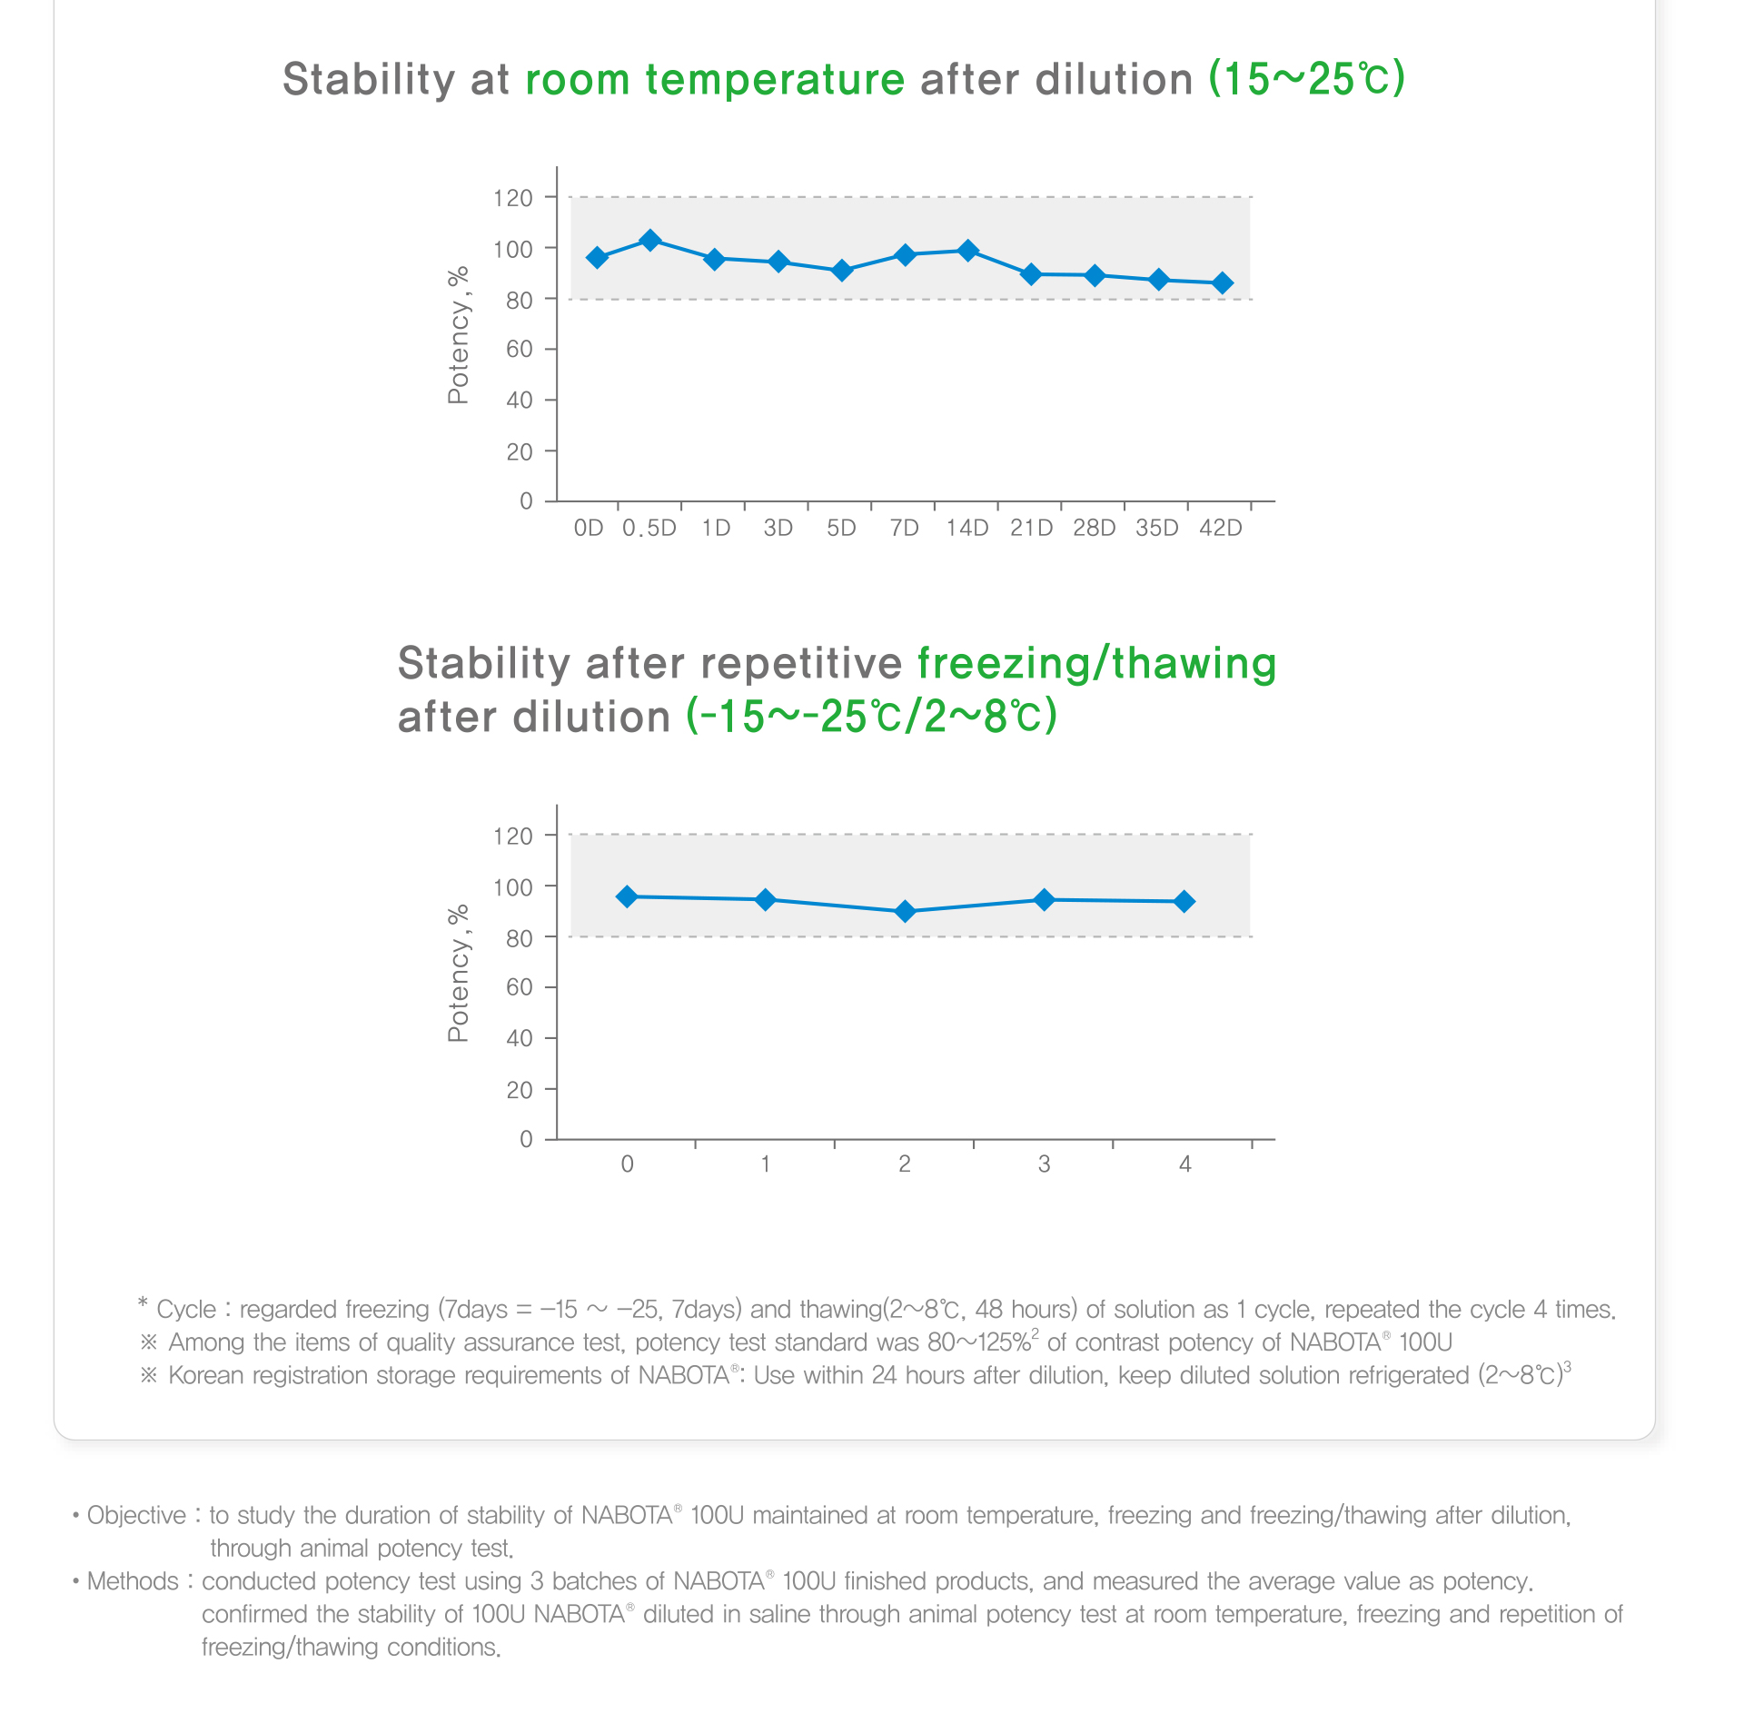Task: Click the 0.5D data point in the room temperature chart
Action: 650,241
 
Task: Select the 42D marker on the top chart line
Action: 1223,283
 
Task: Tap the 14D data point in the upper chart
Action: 968,251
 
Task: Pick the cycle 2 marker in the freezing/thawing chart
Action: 905,911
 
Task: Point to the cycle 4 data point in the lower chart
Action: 1184,902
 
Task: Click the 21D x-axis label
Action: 1031,529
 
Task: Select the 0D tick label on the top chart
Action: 589,529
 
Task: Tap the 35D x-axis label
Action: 1157,529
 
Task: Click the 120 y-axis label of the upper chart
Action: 513,198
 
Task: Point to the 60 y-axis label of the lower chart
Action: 520,987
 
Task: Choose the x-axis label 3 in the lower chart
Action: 1045,1164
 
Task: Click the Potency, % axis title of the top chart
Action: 459,335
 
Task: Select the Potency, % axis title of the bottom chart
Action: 459,973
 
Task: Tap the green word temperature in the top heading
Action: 775,80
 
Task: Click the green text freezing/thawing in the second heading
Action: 1096,663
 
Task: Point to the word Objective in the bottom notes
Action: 136,1516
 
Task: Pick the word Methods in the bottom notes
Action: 133,1581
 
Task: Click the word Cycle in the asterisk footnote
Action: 186,1310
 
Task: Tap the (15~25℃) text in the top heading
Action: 1307,80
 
